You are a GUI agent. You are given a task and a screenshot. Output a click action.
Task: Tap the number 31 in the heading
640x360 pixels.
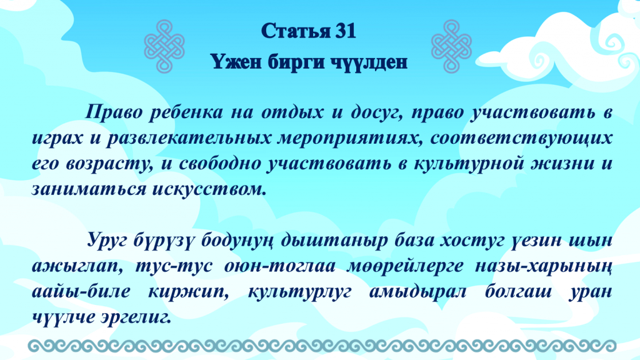346,31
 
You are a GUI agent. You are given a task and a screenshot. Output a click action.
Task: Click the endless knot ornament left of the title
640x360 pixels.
164,46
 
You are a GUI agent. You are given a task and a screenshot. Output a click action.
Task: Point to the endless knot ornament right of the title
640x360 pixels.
451,46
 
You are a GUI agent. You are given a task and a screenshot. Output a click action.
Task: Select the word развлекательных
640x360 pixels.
188,138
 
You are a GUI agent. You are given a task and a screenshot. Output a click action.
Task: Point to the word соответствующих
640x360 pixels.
521,138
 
